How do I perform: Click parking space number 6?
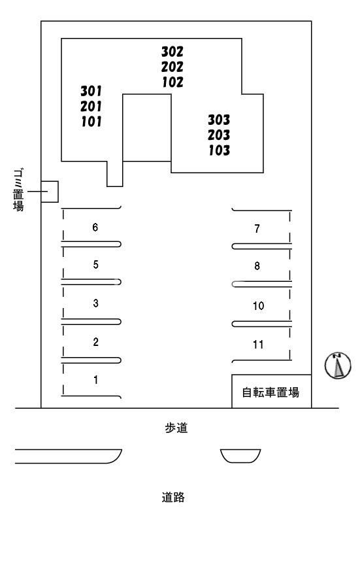[x=95, y=227]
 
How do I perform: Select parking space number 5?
[x=95, y=265]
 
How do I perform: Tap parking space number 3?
[x=95, y=303]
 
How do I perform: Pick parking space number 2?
[x=95, y=341]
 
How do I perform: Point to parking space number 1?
[x=95, y=379]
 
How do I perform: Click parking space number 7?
[x=257, y=228]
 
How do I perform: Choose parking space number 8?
[x=257, y=266]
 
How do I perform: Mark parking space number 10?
[x=257, y=305]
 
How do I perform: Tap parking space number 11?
[x=257, y=344]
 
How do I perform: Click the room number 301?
[x=91, y=90]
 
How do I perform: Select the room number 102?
[x=172, y=82]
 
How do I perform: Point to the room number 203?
[x=219, y=135]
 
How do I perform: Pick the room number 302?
[x=172, y=51]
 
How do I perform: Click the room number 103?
[x=219, y=150]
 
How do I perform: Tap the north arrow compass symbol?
[x=338, y=366]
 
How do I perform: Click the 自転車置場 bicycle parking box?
[x=270, y=392]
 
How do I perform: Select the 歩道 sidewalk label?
[x=176, y=428]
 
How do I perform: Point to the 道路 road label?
[x=173, y=498]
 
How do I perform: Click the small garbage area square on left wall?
[x=50, y=192]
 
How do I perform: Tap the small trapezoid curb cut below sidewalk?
[x=240, y=455]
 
